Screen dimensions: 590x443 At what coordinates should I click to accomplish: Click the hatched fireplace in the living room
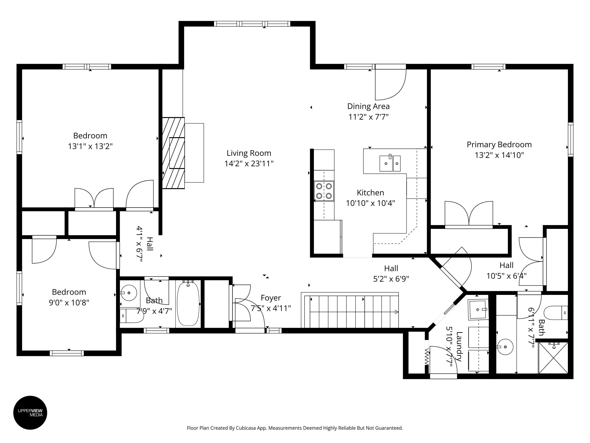point(173,153)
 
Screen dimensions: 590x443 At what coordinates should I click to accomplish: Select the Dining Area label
point(368,106)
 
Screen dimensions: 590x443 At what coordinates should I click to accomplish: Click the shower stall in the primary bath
point(553,358)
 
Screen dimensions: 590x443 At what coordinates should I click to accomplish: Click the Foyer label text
point(271,298)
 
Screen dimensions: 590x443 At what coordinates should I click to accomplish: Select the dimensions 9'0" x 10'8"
point(69,303)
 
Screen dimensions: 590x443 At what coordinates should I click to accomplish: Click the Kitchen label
point(371,193)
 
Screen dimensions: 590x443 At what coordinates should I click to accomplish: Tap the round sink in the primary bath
point(506,347)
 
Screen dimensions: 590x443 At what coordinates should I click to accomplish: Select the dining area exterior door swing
point(391,85)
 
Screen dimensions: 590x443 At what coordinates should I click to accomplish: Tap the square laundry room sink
point(478,310)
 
